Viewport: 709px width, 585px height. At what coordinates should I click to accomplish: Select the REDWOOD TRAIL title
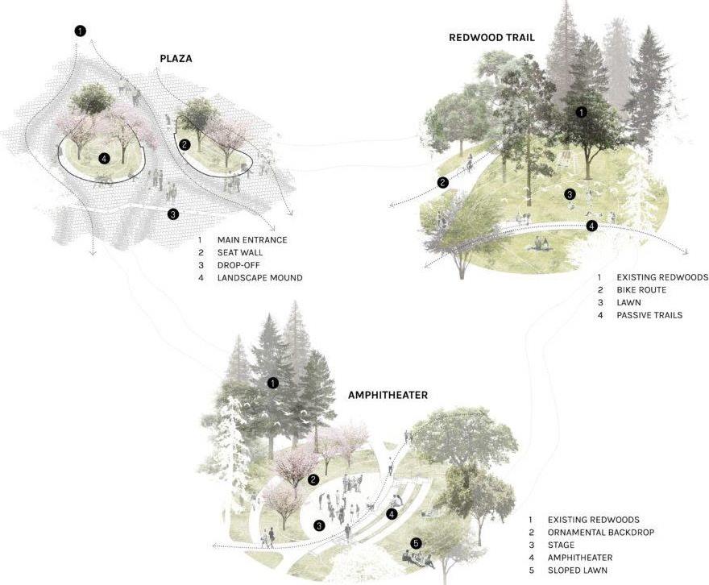pos(491,38)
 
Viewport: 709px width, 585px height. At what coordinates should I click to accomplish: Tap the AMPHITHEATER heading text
pos(388,396)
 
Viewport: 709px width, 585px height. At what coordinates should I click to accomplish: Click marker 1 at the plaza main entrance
pos(80,31)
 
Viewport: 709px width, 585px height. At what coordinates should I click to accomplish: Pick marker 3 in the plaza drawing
pos(172,214)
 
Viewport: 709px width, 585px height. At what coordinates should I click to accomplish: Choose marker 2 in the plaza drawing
pos(185,144)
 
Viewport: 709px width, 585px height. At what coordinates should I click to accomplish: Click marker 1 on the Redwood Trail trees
pos(582,112)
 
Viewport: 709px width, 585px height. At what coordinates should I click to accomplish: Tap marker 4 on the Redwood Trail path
pos(592,226)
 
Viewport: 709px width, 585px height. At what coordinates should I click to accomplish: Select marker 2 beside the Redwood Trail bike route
pos(442,182)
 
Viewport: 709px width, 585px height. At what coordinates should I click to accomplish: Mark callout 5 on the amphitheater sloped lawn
pos(416,543)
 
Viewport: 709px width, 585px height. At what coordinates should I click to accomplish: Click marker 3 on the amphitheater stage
pos(319,525)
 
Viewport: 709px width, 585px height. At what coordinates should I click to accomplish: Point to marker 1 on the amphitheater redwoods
pos(273,383)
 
